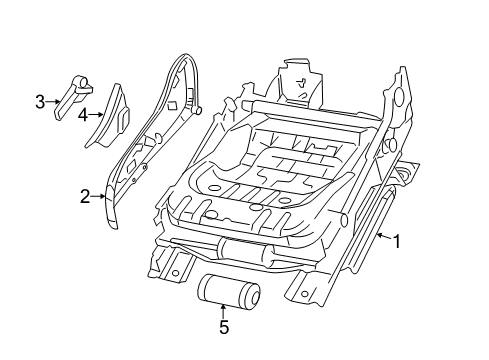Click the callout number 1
click(x=396, y=240)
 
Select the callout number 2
click(x=85, y=196)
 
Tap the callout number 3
click(x=40, y=101)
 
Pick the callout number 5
click(x=223, y=325)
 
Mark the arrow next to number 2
click(x=100, y=196)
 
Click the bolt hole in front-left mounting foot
click(x=176, y=270)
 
